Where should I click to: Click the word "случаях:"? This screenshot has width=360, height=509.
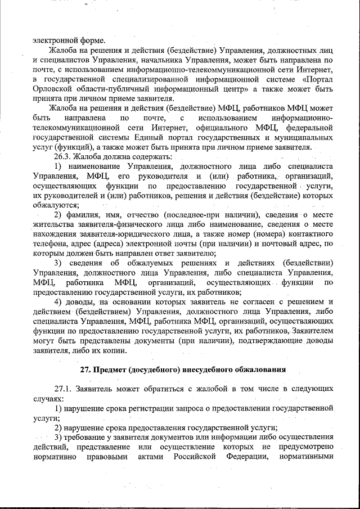(48, 399)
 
